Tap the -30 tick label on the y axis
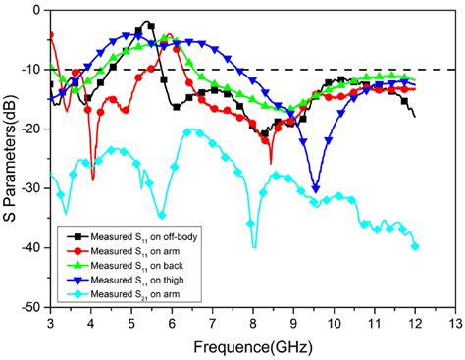(32, 188)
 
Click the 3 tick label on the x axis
(50, 322)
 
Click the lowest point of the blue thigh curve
(315, 189)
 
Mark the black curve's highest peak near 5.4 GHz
(147, 22)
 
